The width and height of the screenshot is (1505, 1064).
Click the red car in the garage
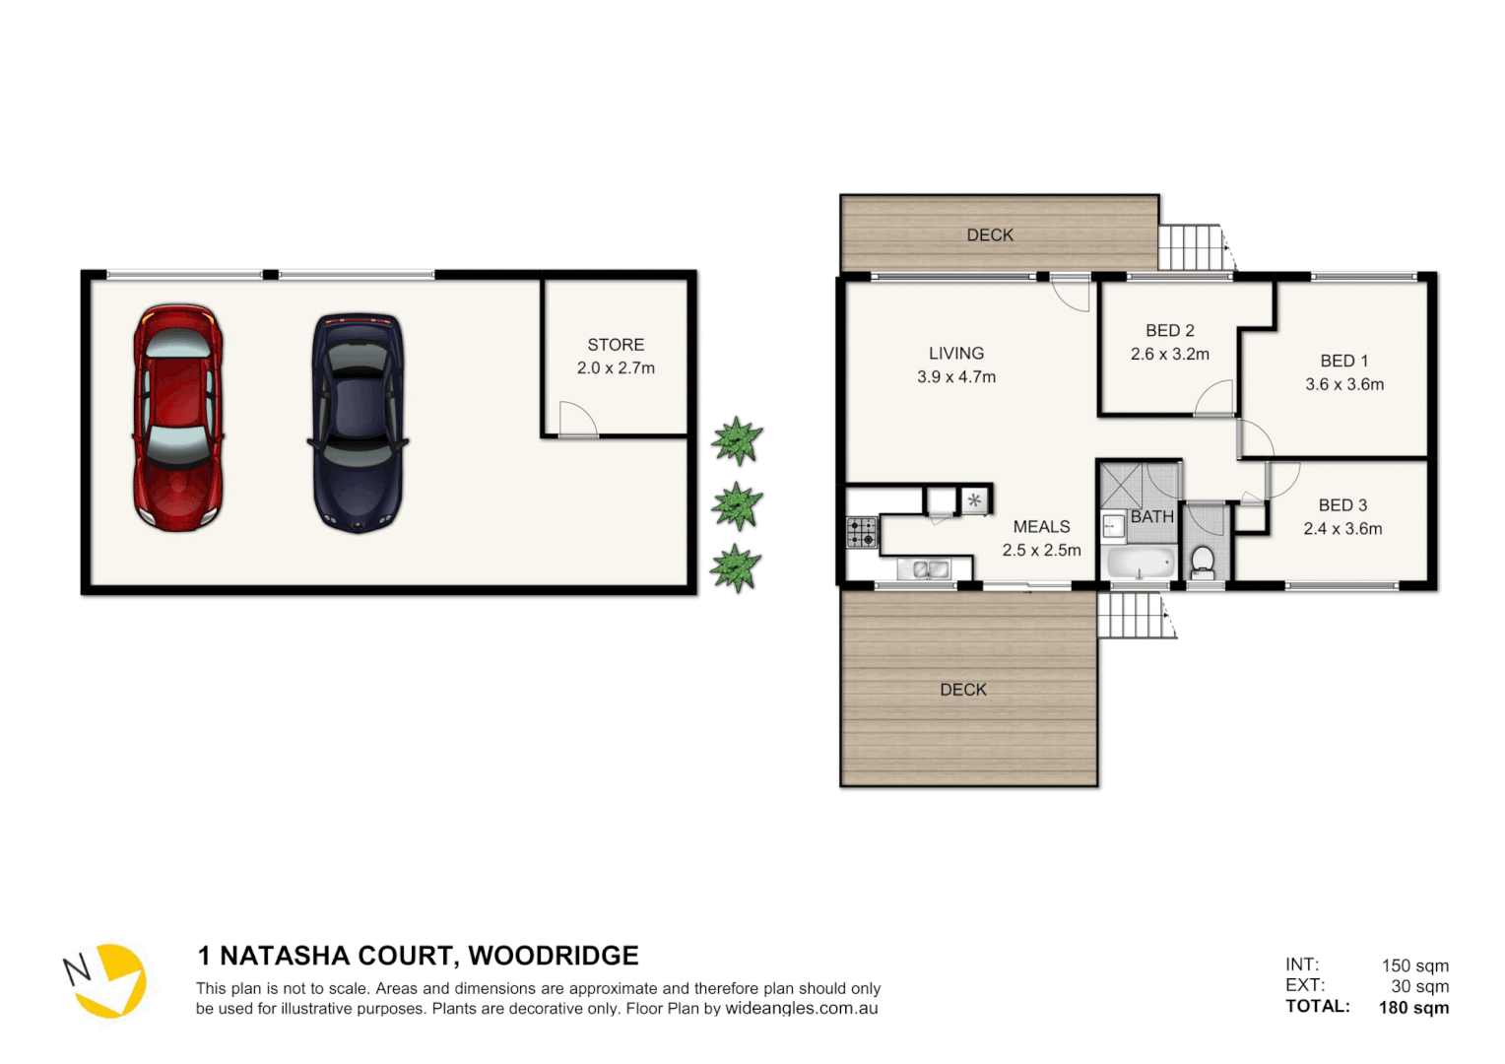click(178, 417)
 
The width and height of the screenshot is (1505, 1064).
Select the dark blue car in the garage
click(358, 423)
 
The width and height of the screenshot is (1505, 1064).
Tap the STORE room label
click(616, 345)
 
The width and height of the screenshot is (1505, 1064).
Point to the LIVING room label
click(955, 353)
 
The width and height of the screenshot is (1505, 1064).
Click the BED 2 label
click(1169, 331)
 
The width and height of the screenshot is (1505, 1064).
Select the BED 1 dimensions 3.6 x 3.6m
click(1344, 384)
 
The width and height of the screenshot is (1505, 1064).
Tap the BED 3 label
click(1342, 505)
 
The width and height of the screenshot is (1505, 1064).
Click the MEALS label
click(1041, 527)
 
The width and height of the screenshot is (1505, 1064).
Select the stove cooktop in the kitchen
click(862, 532)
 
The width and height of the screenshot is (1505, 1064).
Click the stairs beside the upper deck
click(1191, 247)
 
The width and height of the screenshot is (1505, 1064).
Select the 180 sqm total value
click(1413, 1007)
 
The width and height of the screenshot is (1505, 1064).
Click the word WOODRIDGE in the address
click(553, 956)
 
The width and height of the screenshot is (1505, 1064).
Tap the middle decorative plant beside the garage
click(737, 505)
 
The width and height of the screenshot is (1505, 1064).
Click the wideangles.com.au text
click(802, 1009)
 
